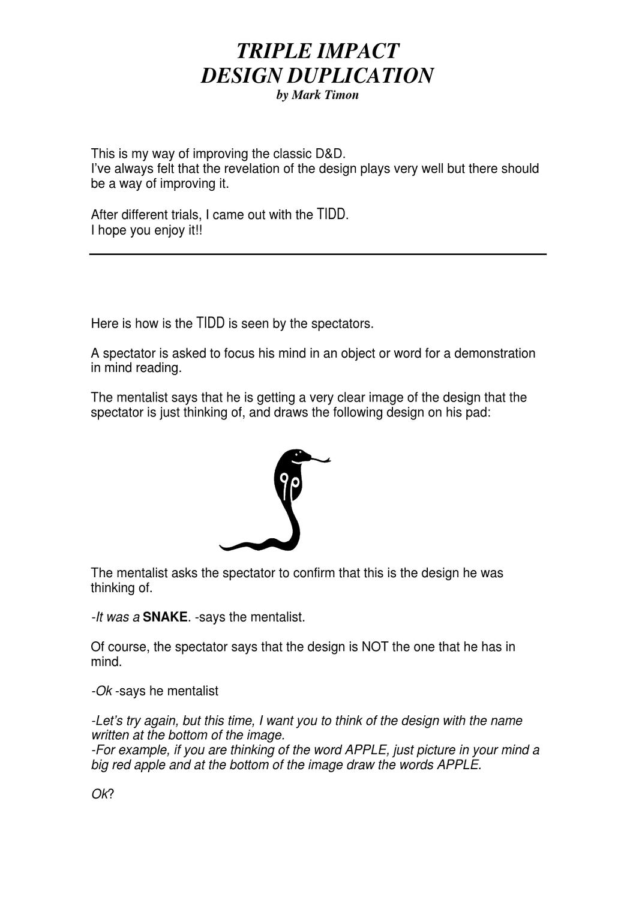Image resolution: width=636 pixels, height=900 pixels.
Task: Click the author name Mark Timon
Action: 325,95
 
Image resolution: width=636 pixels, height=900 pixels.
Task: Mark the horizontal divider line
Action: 318,254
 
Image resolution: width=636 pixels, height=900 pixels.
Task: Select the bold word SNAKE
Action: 165,617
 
